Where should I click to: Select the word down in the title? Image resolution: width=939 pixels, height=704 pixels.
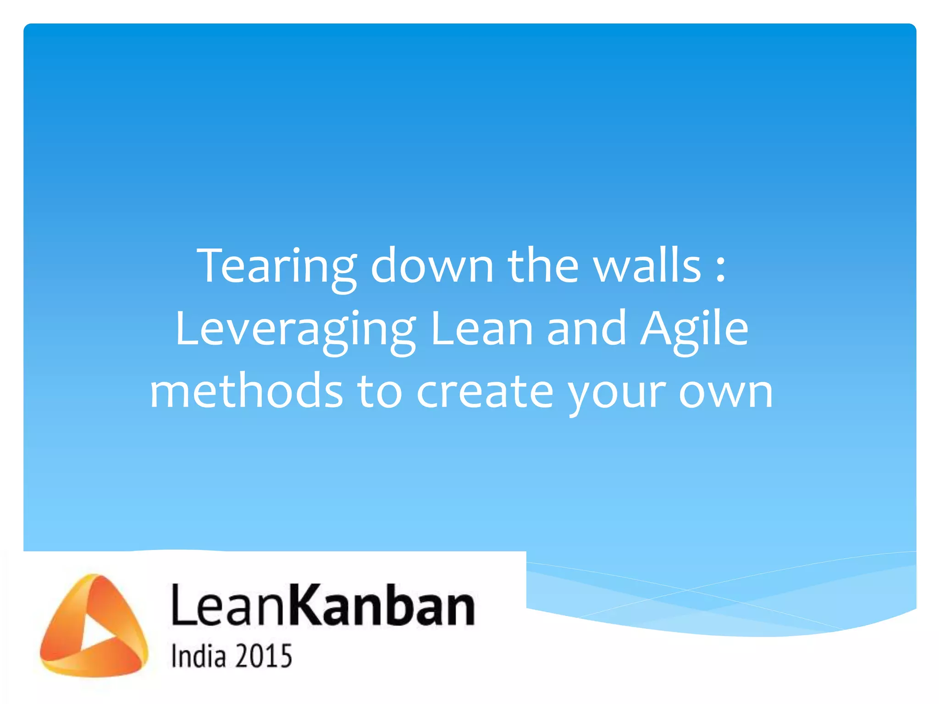pos(432,266)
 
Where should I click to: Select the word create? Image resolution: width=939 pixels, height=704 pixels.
pos(485,392)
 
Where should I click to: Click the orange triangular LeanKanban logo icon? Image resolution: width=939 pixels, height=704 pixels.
pos(94,626)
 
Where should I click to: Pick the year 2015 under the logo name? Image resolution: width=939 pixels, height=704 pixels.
pos(264,656)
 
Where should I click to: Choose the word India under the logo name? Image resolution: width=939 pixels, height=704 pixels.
pos(199,656)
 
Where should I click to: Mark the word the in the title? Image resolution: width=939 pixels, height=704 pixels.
pos(543,266)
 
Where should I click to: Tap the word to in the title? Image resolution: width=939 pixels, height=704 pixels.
pos(380,392)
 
